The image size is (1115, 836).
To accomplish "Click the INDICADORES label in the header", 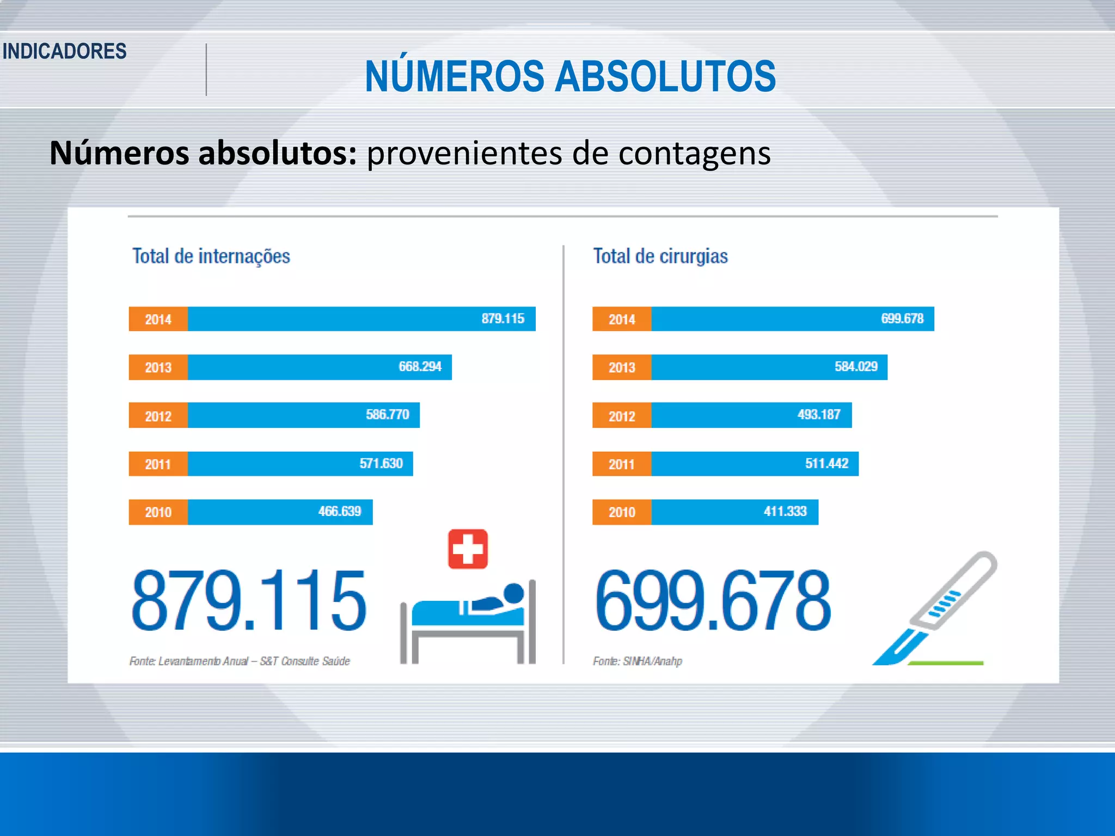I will (64, 51).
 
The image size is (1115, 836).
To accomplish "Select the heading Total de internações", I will (211, 256).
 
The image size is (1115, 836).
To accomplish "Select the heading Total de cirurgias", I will (660, 256).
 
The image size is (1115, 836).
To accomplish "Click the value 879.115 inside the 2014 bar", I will (503, 318).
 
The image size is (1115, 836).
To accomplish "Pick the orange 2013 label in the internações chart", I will (158, 367).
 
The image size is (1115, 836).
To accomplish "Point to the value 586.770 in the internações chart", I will (387, 415).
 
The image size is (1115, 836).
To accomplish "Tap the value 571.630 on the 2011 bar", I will (381, 463).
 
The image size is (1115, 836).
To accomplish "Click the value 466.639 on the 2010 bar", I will (339, 511).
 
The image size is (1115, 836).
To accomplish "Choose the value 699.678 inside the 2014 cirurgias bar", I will (902, 318).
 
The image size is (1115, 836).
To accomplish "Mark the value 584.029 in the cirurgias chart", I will (856, 366).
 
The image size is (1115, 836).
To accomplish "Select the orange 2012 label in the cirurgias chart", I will (622, 416).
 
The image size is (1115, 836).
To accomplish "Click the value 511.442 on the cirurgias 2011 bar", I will (826, 463).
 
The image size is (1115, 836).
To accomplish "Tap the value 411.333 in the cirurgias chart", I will (785, 511).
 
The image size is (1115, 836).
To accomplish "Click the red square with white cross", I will (468, 549).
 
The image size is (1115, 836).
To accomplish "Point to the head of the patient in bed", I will (513, 593).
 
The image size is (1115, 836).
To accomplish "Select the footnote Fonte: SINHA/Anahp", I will (637, 661).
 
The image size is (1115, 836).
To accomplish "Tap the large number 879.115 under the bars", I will (249, 600).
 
